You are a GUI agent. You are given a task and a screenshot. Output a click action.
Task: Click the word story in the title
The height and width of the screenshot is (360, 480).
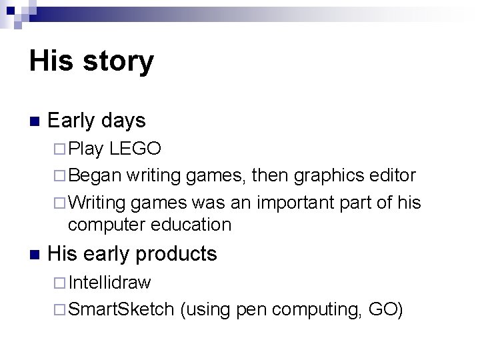click(117, 62)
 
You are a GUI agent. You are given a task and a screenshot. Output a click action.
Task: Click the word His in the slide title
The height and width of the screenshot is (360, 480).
click(51, 61)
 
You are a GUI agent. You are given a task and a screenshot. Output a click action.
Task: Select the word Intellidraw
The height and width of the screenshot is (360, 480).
click(109, 283)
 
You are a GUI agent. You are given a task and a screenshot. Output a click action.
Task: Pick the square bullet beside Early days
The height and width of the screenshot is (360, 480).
click(34, 122)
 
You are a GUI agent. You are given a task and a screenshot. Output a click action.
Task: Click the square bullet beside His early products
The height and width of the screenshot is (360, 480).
click(34, 255)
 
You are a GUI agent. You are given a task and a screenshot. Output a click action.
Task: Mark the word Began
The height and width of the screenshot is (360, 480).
click(95, 176)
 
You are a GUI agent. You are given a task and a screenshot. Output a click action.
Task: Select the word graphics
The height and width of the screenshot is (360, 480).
click(329, 176)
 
